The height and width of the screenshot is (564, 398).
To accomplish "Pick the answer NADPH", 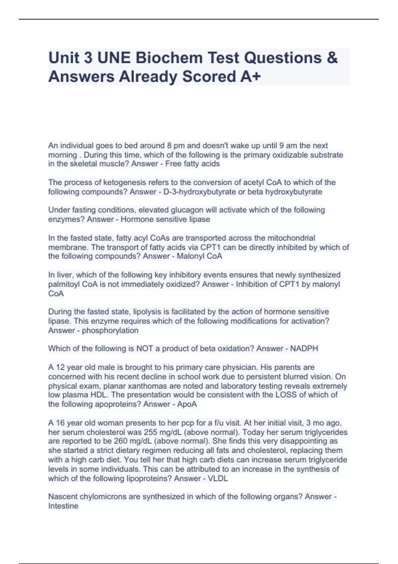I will coord(304,348).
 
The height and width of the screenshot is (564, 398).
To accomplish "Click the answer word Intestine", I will coord(63,506).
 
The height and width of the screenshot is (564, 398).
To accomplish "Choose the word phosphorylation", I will coord(110,330).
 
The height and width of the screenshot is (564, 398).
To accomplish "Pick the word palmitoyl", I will coord(64,284).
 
